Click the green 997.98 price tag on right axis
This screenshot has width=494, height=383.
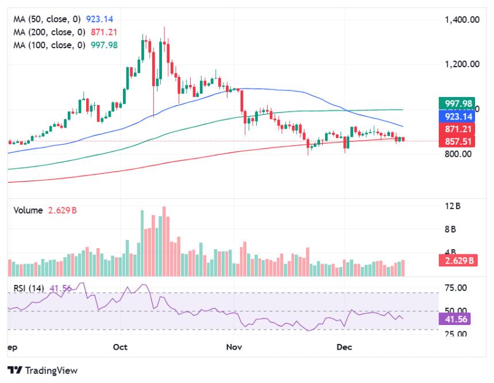click(x=458, y=103)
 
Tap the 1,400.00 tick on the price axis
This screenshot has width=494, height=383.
click(x=462, y=20)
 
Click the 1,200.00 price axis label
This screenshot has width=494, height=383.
click(x=462, y=64)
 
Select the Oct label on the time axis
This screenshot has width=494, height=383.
click(x=119, y=347)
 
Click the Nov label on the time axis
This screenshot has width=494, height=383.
click(x=233, y=347)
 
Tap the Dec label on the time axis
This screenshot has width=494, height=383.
click(x=344, y=347)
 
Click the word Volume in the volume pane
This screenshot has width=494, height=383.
click(x=28, y=210)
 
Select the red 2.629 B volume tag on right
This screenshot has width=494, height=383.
click(x=460, y=260)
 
